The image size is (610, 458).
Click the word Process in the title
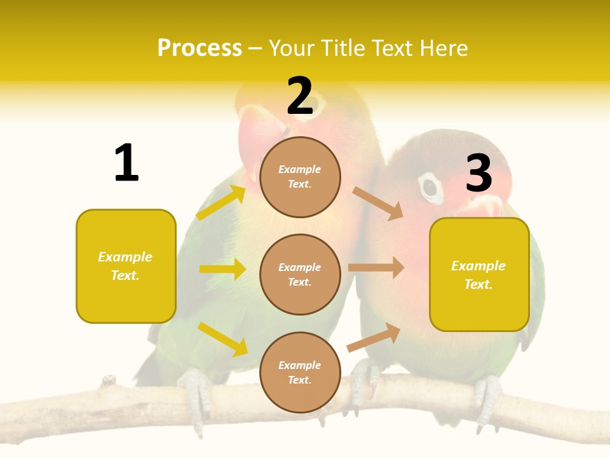[x=200, y=48]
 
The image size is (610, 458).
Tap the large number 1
[x=126, y=163]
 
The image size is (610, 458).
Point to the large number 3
[x=478, y=173]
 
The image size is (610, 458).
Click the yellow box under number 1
[x=126, y=266]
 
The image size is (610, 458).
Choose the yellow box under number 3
[x=479, y=274]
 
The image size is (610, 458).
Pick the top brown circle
[x=300, y=177]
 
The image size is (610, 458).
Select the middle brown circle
[x=300, y=274]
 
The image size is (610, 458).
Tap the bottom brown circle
[x=300, y=372]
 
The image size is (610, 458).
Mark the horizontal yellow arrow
[x=222, y=269]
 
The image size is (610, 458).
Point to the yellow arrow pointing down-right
[x=223, y=339]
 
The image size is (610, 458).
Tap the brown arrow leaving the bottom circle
[x=374, y=337]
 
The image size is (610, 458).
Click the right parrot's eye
[x=431, y=187]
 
